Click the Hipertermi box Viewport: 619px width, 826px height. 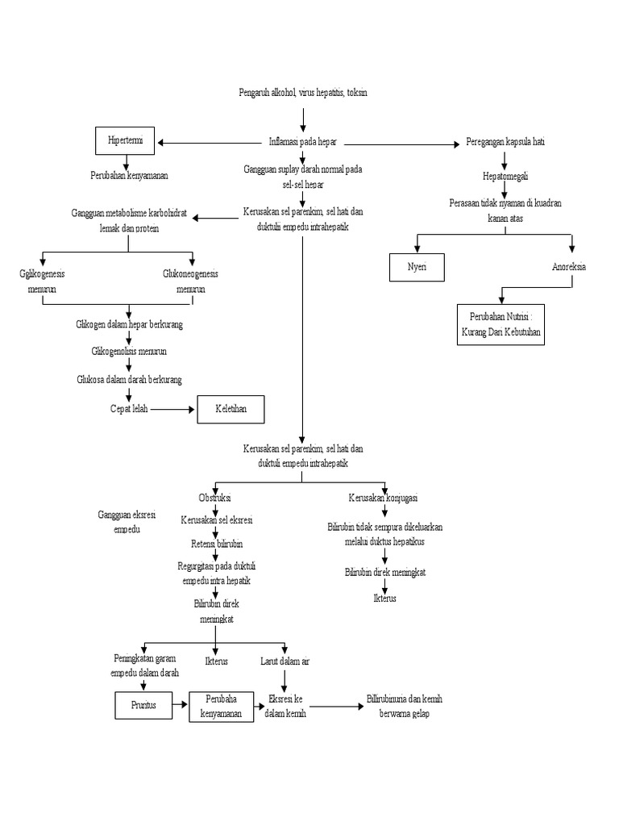(x=125, y=141)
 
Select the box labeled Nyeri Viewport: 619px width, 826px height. (x=416, y=267)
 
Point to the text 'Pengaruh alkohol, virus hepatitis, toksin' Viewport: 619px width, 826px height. (x=303, y=94)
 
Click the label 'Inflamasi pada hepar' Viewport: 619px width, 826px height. (x=302, y=142)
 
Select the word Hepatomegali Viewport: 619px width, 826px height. (x=504, y=176)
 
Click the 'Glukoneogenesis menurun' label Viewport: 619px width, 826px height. (x=190, y=281)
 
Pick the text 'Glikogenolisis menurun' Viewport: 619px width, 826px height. (x=129, y=352)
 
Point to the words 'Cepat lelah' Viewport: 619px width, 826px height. (x=129, y=409)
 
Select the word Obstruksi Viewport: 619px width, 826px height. (x=214, y=497)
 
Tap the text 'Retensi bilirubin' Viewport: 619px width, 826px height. (x=217, y=543)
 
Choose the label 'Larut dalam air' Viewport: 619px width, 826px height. (x=285, y=661)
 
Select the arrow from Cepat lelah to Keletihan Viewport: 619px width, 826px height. (x=173, y=409)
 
